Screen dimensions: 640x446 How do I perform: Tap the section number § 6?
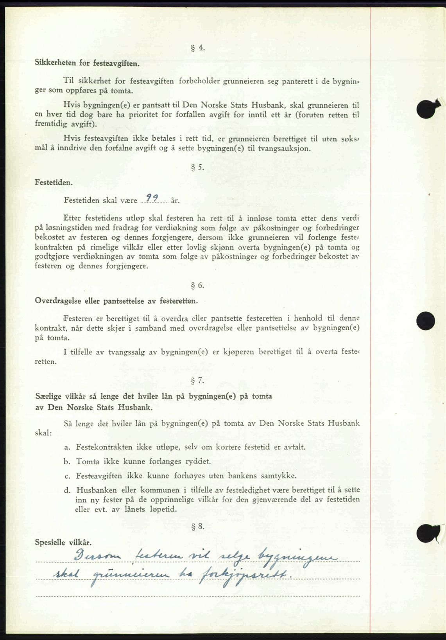[x=198, y=285]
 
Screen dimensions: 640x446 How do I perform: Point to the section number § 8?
[x=198, y=527]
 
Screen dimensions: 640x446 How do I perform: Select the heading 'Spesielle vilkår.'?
[x=63, y=543]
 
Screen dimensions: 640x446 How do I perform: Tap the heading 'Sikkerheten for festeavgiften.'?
[x=87, y=62]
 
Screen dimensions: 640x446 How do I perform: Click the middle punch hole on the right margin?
[x=426, y=321]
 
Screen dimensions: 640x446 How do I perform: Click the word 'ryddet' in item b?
[x=198, y=462]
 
